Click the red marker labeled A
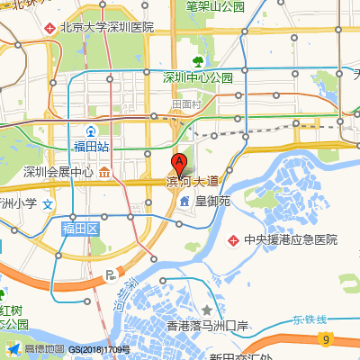[178, 165]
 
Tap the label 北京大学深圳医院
[106, 28]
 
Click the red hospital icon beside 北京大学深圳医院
[50, 28]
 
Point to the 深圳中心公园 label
[198, 78]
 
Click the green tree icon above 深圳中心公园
[197, 62]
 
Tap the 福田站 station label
[91, 145]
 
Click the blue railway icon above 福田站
[91, 130]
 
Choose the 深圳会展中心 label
[58, 172]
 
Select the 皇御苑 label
[213, 201]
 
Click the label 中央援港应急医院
[291, 240]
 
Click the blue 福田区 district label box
[79, 229]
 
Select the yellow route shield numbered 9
[325, 338]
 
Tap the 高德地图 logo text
[44, 349]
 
